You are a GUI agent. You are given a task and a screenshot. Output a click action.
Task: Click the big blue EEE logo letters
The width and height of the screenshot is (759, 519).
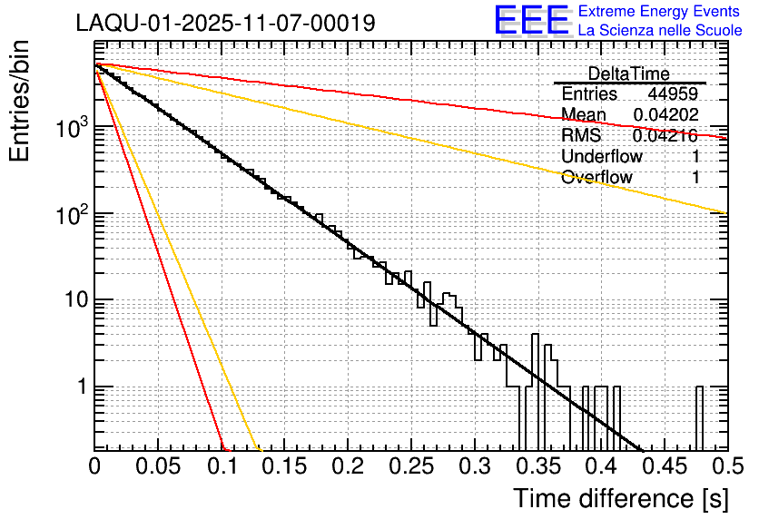tap(532, 22)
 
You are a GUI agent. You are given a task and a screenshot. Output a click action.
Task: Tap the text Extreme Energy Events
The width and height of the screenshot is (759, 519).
tap(660, 12)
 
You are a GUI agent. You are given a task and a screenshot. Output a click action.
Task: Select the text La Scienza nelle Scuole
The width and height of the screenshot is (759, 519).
tap(660, 31)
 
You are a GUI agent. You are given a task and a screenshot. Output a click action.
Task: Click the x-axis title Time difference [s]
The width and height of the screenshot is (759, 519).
tap(620, 498)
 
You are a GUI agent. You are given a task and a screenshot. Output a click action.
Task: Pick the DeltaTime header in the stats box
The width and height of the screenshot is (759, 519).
tap(629, 73)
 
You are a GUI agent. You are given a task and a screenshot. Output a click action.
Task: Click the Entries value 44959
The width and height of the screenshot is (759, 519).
tap(673, 94)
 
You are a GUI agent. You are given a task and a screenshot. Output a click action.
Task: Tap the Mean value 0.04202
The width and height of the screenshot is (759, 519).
tap(665, 114)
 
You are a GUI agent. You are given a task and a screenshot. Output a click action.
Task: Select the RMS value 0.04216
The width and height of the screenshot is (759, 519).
tap(665, 135)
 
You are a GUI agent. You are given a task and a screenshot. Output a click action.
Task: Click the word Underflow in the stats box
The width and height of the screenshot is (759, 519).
tap(601, 156)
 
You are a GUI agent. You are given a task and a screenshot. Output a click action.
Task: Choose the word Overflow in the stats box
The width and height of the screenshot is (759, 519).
tap(596, 177)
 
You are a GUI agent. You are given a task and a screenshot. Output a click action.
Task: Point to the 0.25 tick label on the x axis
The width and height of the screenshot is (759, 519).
tap(410, 466)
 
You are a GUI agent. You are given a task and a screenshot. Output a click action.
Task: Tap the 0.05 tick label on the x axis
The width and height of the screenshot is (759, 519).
tap(158, 466)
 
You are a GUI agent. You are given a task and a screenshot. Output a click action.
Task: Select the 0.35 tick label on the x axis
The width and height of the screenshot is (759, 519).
tap(537, 466)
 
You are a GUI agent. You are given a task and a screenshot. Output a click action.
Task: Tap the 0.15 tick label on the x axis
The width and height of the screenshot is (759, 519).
tap(284, 466)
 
